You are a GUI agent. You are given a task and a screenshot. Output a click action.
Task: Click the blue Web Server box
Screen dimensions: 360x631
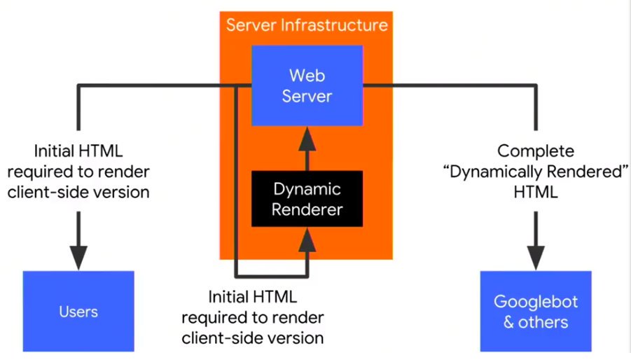pyautogui.click(x=307, y=85)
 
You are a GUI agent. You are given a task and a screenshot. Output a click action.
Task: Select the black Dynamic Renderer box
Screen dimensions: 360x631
pyautogui.click(x=307, y=199)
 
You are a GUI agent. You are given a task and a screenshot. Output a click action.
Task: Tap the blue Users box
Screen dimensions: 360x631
pyautogui.click(x=78, y=311)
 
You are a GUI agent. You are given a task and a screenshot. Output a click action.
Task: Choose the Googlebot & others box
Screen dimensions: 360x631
pyautogui.click(x=536, y=311)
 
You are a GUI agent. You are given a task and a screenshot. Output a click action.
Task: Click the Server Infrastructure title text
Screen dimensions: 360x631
pyautogui.click(x=306, y=26)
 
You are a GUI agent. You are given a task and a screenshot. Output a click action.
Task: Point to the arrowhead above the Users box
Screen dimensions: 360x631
pyautogui.click(x=78, y=255)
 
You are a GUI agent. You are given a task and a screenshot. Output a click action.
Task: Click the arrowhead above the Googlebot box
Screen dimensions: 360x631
pyautogui.click(x=536, y=255)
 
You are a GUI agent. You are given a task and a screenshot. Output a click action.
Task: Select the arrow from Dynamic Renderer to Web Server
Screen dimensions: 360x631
pyautogui.click(x=307, y=151)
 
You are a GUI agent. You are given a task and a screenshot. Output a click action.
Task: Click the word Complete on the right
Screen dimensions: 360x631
pyautogui.click(x=536, y=151)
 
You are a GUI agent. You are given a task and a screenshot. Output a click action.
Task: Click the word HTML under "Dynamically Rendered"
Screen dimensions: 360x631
pyautogui.click(x=536, y=192)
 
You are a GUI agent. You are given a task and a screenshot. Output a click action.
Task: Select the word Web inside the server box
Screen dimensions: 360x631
pyautogui.click(x=307, y=75)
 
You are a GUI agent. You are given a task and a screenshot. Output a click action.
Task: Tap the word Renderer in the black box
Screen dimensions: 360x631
pyautogui.click(x=307, y=209)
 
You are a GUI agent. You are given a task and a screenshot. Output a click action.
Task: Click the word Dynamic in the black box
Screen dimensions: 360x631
pyautogui.click(x=307, y=189)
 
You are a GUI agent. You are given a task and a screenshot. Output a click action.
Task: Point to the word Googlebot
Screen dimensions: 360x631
pyautogui.click(x=536, y=302)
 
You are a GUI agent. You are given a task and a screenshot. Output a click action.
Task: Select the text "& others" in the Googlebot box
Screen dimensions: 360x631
pyautogui.click(x=536, y=322)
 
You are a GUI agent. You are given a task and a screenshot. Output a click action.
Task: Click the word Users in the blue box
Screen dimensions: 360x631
pyautogui.click(x=78, y=311)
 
